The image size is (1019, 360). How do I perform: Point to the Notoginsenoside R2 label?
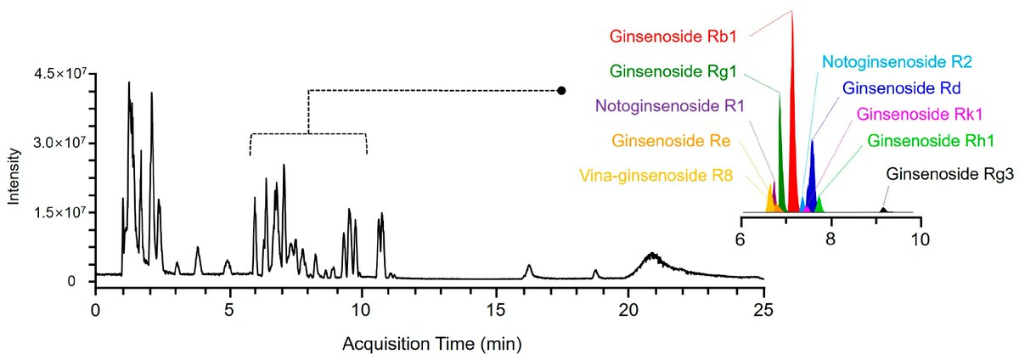[x=898, y=62]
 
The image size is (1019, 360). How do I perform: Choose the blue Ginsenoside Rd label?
[x=903, y=88]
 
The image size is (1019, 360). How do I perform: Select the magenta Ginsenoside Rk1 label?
[x=914, y=114]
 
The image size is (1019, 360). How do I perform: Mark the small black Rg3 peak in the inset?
[x=883, y=209]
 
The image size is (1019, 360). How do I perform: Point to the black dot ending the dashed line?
[x=561, y=90]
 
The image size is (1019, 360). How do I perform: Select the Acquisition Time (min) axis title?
[x=431, y=345]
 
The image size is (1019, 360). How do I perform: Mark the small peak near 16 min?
[x=529, y=270]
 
